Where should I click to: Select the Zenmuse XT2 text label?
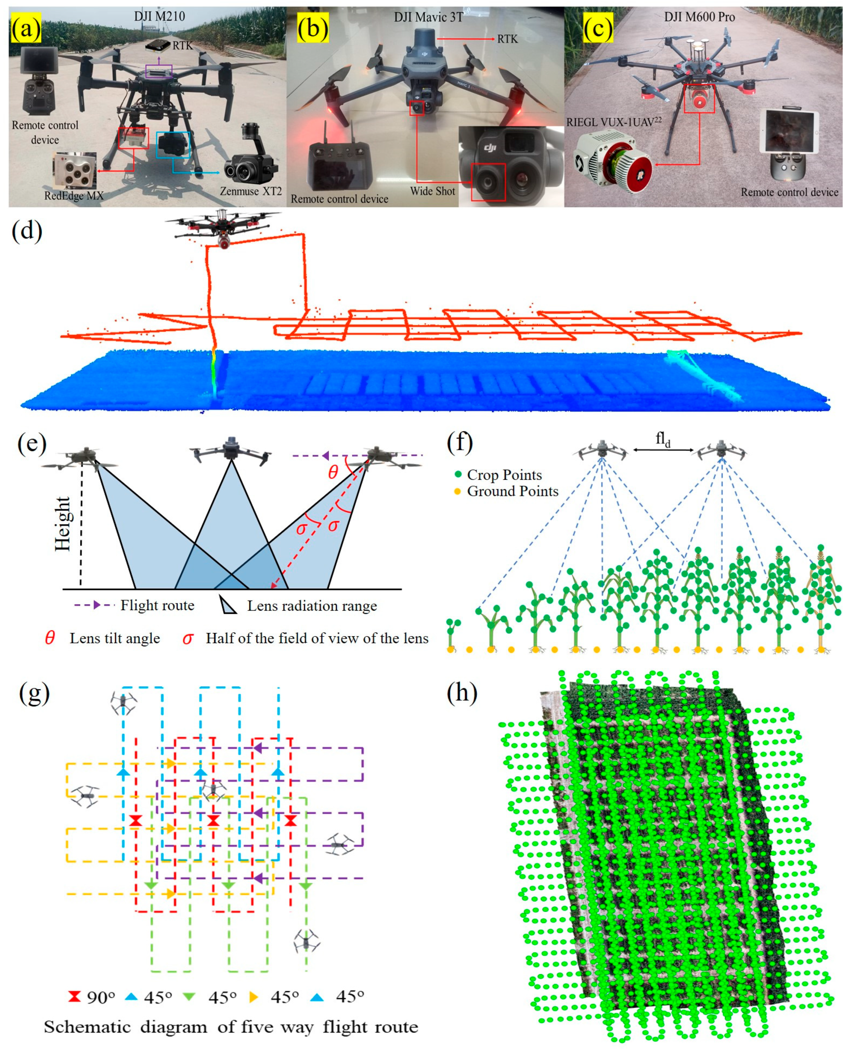[x=251, y=191]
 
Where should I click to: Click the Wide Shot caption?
[x=432, y=191]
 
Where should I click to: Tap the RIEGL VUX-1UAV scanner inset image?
[x=612, y=161]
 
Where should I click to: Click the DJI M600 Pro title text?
[x=699, y=17]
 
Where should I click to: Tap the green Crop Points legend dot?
[x=458, y=474]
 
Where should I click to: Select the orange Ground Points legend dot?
[x=458, y=491]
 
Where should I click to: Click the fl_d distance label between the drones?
[x=663, y=439]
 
